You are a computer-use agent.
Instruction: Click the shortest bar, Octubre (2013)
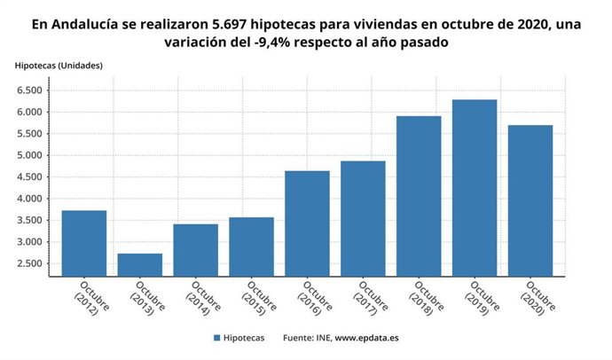pyautogui.click(x=140, y=264)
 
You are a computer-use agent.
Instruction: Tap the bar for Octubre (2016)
pyautogui.click(x=307, y=223)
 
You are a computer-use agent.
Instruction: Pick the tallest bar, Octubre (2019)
pyautogui.click(x=475, y=187)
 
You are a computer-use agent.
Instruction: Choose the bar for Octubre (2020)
pyautogui.click(x=530, y=200)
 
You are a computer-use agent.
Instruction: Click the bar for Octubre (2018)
pyautogui.click(x=419, y=196)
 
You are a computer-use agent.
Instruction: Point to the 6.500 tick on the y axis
pyautogui.click(x=29, y=90)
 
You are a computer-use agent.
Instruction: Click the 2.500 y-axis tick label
pyautogui.click(x=29, y=264)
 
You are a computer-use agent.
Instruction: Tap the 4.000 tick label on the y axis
pyautogui.click(x=29, y=199)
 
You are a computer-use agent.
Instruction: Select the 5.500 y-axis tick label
pyautogui.click(x=29, y=134)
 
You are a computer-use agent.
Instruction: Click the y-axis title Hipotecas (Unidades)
pyautogui.click(x=59, y=66)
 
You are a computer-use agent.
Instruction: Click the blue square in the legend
pyautogui.click(x=216, y=338)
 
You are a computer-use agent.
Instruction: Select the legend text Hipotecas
pyautogui.click(x=243, y=338)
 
